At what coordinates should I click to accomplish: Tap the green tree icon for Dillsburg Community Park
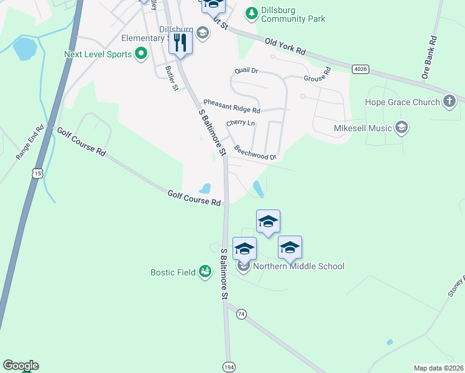pyautogui.click(x=251, y=12)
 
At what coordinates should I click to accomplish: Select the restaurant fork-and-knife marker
pyautogui.click(x=180, y=43)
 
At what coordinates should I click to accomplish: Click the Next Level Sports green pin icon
pyautogui.click(x=141, y=54)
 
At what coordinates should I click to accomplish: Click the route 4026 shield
pyautogui.click(x=359, y=68)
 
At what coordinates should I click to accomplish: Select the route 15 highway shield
pyautogui.click(x=38, y=173)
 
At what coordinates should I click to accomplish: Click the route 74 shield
pyautogui.click(x=241, y=315)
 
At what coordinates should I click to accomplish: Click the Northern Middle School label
pyautogui.click(x=298, y=266)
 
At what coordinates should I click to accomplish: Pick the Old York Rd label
pyautogui.click(x=285, y=47)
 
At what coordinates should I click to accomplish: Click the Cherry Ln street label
pyautogui.click(x=241, y=124)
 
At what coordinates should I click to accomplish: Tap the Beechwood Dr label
pyautogui.click(x=255, y=153)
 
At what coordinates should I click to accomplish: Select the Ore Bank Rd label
pyautogui.click(x=428, y=57)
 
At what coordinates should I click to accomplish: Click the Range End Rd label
pyautogui.click(x=30, y=142)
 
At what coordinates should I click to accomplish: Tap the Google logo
pyautogui.click(x=21, y=366)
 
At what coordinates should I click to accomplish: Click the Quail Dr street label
pyautogui.click(x=246, y=71)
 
